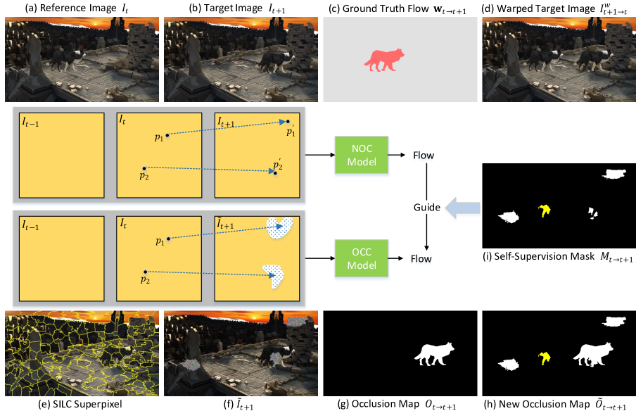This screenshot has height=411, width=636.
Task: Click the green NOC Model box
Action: point(361,156)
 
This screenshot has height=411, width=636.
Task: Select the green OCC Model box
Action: point(361,259)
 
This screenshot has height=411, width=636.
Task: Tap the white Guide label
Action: point(426,207)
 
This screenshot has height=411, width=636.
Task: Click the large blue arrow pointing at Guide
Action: point(462,208)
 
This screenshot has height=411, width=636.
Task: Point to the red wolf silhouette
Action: point(383,60)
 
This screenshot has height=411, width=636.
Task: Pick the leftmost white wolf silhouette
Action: point(433,353)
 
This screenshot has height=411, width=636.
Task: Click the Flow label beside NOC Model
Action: point(424,156)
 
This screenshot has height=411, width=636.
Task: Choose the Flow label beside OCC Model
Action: point(421,260)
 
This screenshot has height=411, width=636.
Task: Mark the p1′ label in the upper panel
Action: point(290,131)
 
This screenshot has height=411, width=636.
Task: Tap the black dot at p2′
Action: point(275,172)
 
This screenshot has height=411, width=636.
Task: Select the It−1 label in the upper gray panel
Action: point(30,122)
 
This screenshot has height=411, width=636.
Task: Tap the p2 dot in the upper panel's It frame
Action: point(144,168)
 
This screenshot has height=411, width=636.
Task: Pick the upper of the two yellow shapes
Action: point(543,210)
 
